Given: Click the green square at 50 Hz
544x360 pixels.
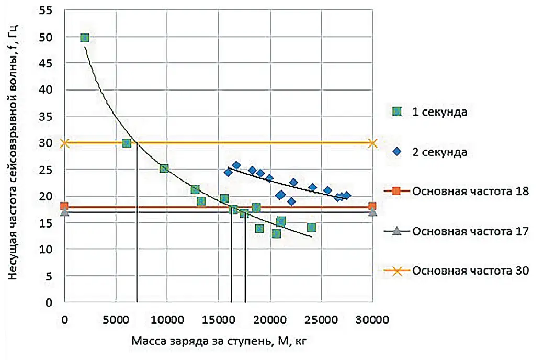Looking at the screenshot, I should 85,38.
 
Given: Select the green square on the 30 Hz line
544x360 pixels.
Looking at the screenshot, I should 126,143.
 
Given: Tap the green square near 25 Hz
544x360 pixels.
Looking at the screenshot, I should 164,168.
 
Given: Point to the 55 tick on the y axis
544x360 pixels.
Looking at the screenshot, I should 49,10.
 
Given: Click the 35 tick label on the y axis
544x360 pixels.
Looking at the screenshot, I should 49,117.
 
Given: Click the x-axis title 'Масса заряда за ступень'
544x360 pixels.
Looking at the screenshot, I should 219,341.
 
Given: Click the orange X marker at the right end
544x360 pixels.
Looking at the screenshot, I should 372,143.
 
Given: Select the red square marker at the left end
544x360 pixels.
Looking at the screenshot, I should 64,206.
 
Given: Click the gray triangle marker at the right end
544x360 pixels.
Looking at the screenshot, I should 372,212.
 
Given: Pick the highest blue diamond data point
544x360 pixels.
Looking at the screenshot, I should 236,165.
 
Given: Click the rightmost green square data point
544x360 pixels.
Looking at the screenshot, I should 311,228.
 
